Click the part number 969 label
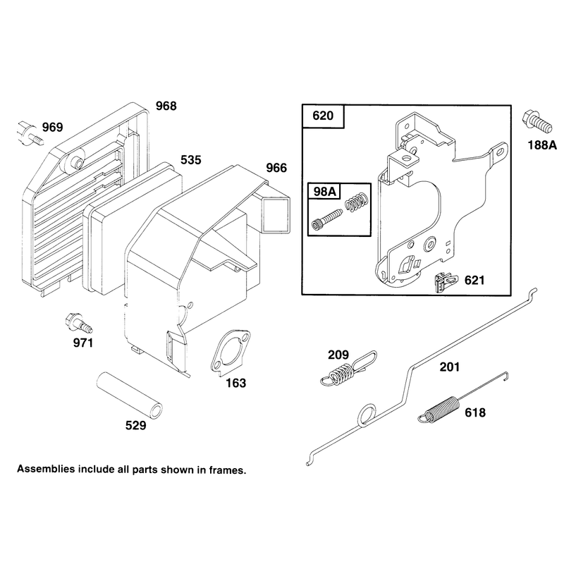pyautogui.click(x=52, y=127)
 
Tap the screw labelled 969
pyautogui.click(x=30, y=134)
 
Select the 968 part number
pyautogui.click(x=166, y=106)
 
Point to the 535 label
pyautogui.click(x=190, y=160)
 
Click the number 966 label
pyautogui.click(x=276, y=168)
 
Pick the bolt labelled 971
pyautogui.click(x=78, y=323)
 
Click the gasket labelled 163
pyautogui.click(x=231, y=352)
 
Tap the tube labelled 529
pyautogui.click(x=130, y=396)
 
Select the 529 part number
pyautogui.click(x=135, y=426)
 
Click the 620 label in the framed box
pyautogui.click(x=323, y=116)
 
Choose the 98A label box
pyautogui.click(x=324, y=191)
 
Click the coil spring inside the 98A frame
pyautogui.click(x=357, y=202)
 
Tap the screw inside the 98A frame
pyautogui.click(x=326, y=219)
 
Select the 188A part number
pyautogui.click(x=542, y=145)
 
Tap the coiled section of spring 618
pyautogui.click(x=441, y=408)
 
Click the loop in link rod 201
pyautogui.click(x=367, y=415)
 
